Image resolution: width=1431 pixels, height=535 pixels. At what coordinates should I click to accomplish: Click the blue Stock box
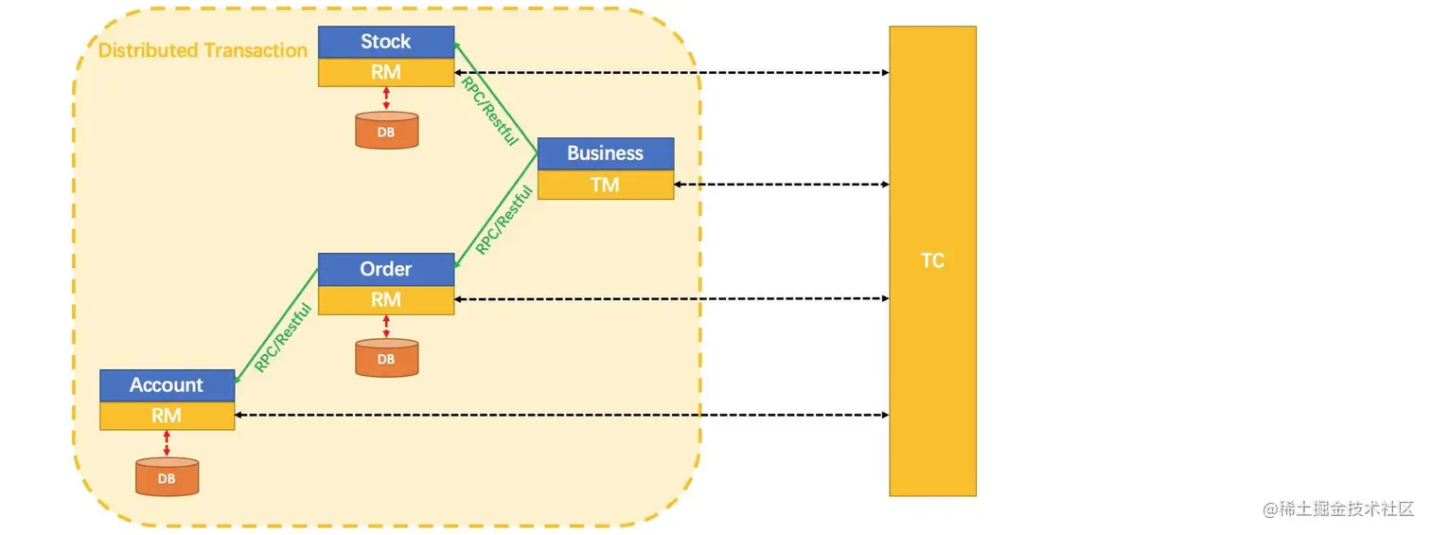click(386, 42)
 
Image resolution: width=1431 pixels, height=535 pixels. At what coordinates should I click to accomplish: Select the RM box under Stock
click(386, 72)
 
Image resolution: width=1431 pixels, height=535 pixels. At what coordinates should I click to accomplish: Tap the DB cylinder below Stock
click(386, 131)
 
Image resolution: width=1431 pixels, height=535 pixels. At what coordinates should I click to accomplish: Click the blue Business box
click(606, 153)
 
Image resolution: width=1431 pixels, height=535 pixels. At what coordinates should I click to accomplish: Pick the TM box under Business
click(606, 185)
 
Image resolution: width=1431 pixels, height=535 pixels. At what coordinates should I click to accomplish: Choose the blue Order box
click(386, 269)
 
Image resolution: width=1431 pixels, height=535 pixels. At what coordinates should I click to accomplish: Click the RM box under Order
click(386, 299)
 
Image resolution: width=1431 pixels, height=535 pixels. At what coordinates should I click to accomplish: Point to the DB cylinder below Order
click(386, 358)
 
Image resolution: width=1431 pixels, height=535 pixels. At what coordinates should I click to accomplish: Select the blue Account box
click(167, 385)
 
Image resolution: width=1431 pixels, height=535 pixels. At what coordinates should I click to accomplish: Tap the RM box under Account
click(167, 416)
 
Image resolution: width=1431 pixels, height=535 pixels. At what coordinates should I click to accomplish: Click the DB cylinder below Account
click(167, 477)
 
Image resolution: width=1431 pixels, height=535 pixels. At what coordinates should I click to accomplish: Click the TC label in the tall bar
click(932, 260)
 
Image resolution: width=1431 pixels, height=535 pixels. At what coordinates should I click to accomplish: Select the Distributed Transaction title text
click(203, 50)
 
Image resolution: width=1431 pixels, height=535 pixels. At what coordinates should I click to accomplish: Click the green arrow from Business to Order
click(496, 210)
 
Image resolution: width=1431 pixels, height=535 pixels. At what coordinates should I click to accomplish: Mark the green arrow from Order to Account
click(275, 327)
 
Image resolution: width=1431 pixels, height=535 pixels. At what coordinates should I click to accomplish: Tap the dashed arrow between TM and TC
click(781, 185)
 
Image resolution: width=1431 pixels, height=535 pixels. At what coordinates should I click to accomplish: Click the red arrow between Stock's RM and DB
click(386, 98)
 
